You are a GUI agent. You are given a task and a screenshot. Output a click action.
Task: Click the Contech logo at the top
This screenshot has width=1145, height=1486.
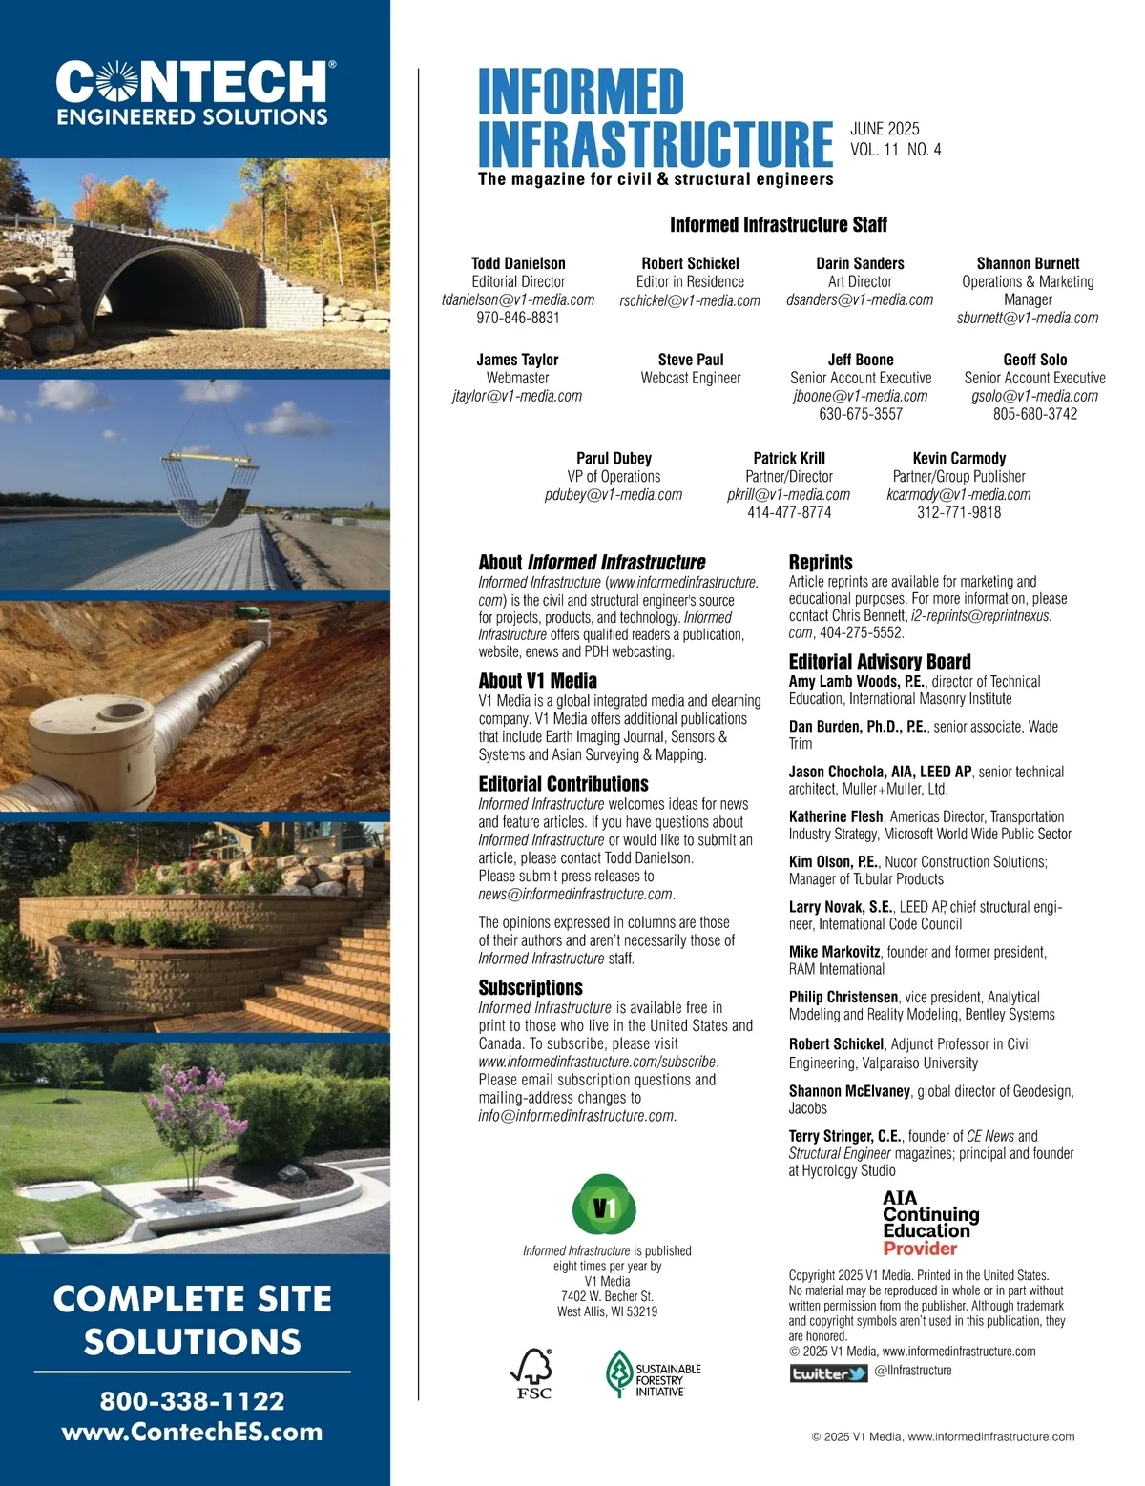(x=195, y=93)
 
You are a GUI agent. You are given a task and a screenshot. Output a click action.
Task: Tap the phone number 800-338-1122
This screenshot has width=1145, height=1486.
(x=193, y=1400)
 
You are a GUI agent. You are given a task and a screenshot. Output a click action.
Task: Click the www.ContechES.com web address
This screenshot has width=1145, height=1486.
(x=193, y=1432)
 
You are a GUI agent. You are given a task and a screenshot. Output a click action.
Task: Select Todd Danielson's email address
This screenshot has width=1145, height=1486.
(x=518, y=299)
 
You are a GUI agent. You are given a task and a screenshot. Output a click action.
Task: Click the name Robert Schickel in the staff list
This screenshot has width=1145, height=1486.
(x=690, y=263)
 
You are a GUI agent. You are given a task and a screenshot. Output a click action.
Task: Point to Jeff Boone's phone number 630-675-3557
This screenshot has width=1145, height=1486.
(x=860, y=414)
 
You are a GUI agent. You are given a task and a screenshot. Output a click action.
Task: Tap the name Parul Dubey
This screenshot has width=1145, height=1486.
(x=614, y=458)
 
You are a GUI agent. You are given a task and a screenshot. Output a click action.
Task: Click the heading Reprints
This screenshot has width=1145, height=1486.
(x=821, y=562)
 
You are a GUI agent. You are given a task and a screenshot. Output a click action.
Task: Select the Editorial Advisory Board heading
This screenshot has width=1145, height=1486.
(x=880, y=661)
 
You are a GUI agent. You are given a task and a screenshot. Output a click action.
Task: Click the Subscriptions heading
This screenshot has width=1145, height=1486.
(x=531, y=987)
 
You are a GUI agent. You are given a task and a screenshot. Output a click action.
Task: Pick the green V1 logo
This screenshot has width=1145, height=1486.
(x=604, y=1206)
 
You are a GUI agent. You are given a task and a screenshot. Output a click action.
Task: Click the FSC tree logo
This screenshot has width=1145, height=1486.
(x=533, y=1373)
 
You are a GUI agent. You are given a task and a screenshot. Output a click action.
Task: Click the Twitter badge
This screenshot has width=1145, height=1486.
(x=828, y=1373)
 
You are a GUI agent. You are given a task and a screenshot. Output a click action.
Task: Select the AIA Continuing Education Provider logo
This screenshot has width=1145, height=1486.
(x=930, y=1223)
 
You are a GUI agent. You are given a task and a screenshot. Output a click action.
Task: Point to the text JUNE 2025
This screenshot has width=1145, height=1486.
(x=885, y=129)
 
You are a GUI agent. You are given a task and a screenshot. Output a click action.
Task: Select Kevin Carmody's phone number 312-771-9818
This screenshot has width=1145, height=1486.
(x=959, y=512)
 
